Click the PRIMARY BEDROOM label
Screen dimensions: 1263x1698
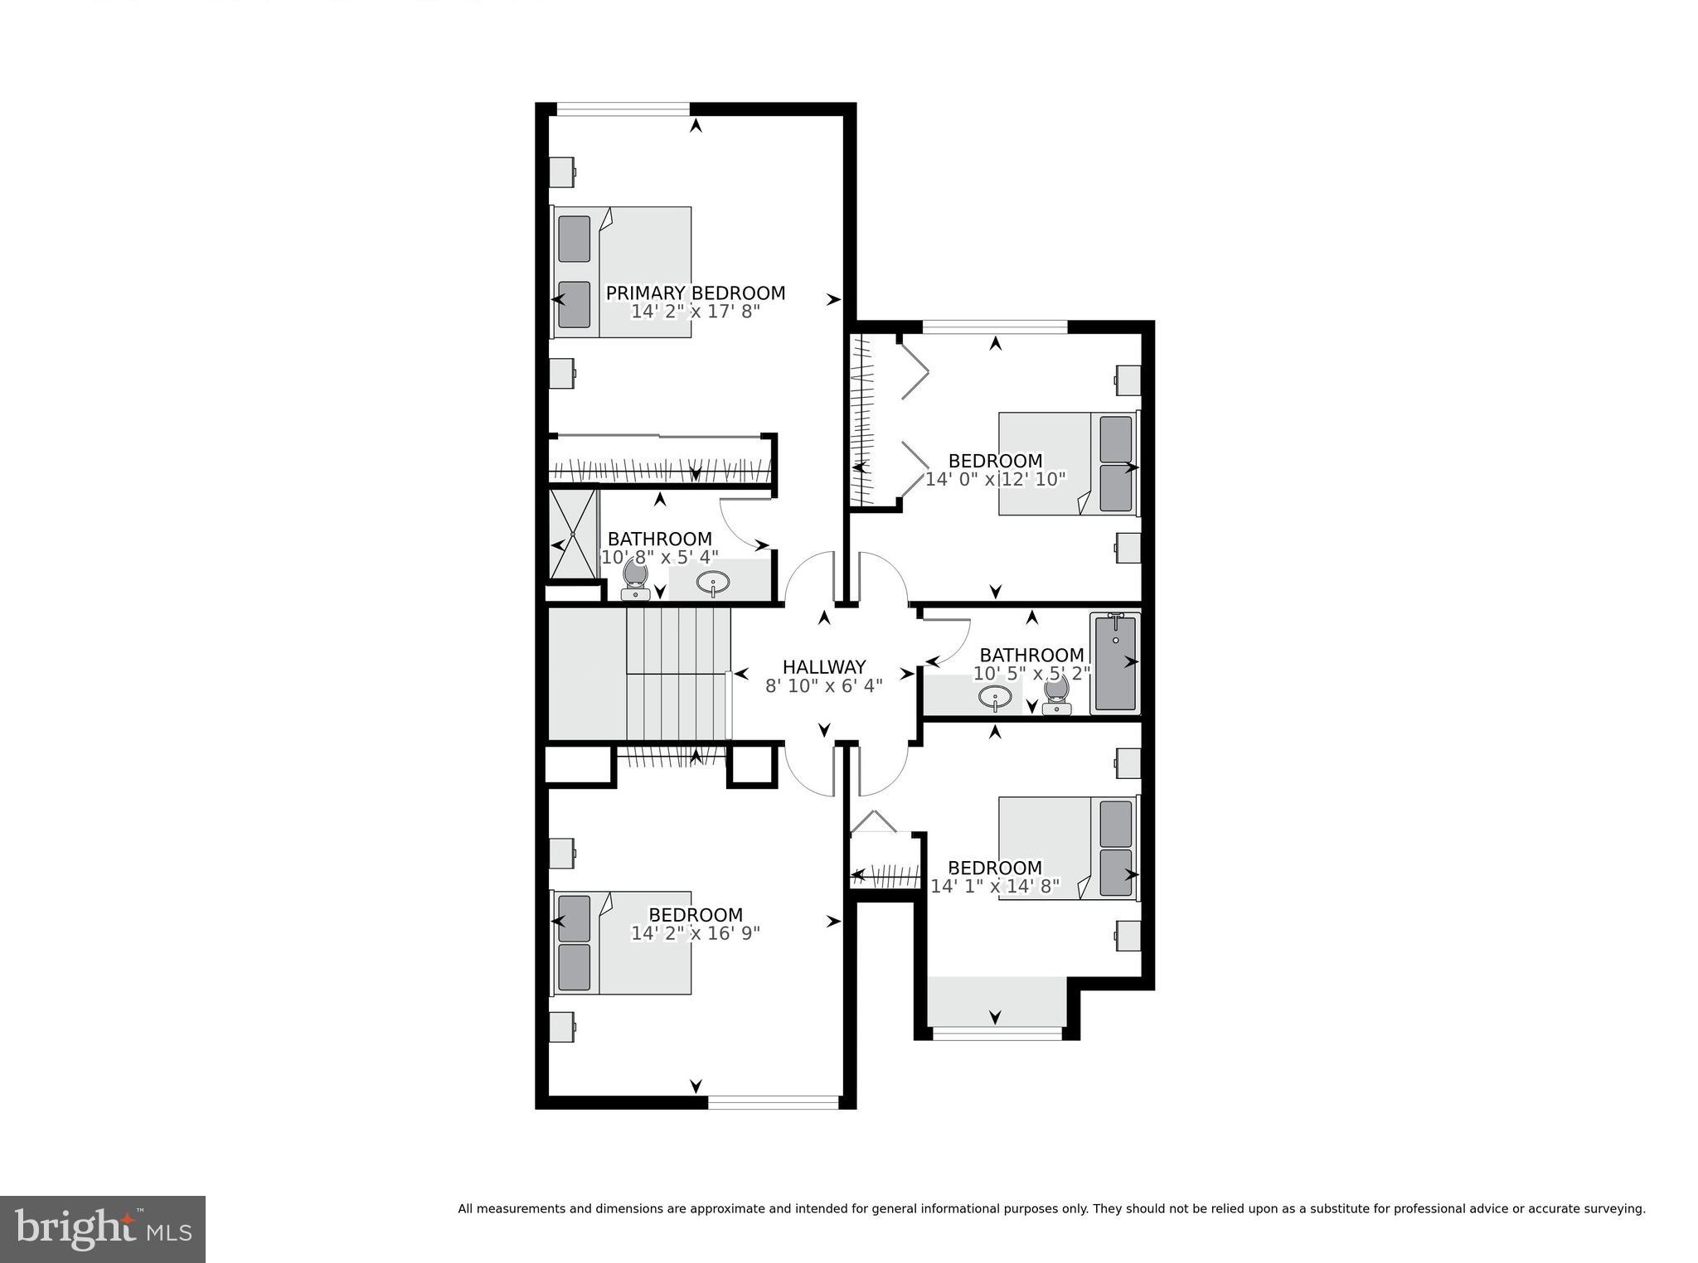pyautogui.click(x=695, y=293)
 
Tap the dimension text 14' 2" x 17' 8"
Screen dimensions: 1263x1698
pyautogui.click(x=695, y=312)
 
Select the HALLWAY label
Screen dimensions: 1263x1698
pyautogui.click(x=823, y=667)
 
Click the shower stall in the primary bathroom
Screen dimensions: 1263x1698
pyautogui.click(x=574, y=533)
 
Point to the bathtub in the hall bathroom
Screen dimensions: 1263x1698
pyautogui.click(x=1115, y=663)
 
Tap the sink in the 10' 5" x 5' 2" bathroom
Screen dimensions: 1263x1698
pyautogui.click(x=995, y=697)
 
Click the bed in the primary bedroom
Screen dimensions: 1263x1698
pyautogui.click(x=622, y=272)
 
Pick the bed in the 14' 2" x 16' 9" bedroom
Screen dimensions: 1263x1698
pyautogui.click(x=622, y=942)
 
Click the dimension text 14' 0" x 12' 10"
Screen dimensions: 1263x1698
pyautogui.click(x=995, y=479)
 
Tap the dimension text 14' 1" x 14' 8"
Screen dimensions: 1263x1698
pyautogui.click(x=995, y=886)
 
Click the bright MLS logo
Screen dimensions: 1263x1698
pyautogui.click(x=103, y=1229)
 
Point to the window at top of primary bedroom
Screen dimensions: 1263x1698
pyautogui.click(x=623, y=109)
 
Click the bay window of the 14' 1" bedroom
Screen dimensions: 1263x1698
pyautogui.click(x=997, y=1033)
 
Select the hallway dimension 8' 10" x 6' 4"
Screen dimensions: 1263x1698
pyautogui.click(x=823, y=686)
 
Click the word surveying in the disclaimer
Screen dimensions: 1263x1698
pyautogui.click(x=1617, y=1209)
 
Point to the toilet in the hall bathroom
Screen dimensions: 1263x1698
pyautogui.click(x=1056, y=694)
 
